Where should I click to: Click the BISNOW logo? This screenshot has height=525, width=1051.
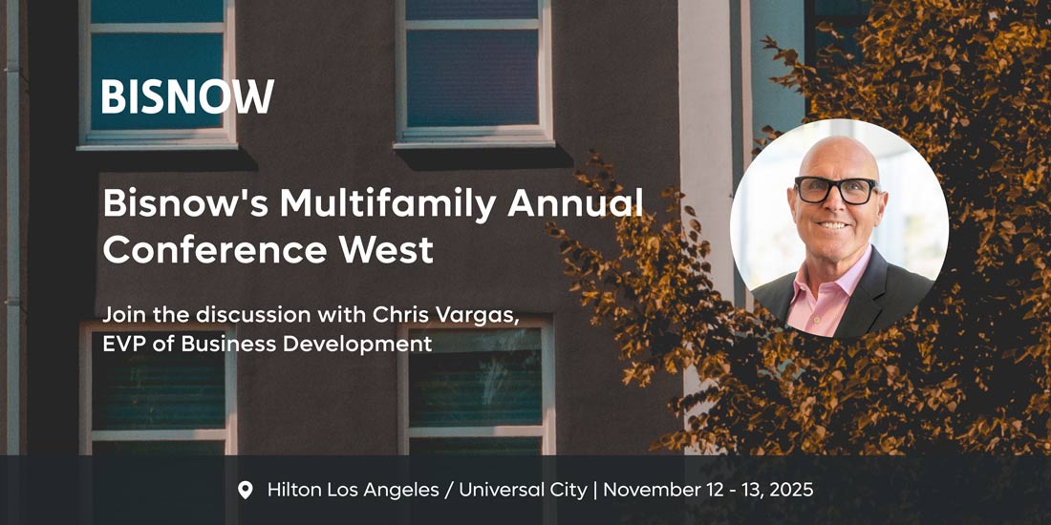(x=187, y=96)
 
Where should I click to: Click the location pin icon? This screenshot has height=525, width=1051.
(x=246, y=491)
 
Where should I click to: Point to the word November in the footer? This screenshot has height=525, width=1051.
(x=648, y=491)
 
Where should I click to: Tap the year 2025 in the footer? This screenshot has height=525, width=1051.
(x=790, y=491)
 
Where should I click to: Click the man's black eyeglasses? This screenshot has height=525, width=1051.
(x=836, y=189)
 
